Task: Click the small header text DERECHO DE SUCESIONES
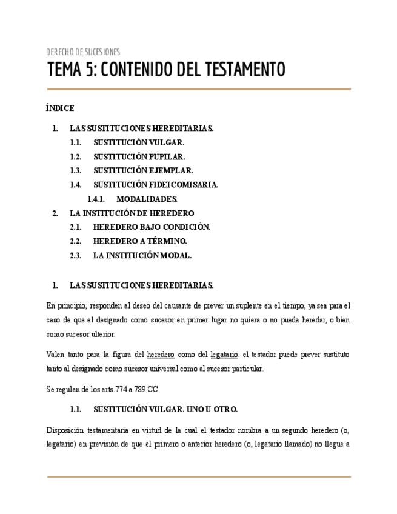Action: (83, 52)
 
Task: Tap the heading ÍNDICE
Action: (60, 108)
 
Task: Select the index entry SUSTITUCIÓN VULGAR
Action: (139, 142)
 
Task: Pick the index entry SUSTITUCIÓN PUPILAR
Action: (139, 156)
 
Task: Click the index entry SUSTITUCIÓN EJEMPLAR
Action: (143, 170)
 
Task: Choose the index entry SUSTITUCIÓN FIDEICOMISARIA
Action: (156, 185)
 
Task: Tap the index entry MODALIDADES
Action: (147, 199)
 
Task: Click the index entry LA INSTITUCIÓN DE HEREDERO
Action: (132, 213)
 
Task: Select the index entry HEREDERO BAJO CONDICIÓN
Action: (152, 227)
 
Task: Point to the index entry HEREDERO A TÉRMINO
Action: (140, 241)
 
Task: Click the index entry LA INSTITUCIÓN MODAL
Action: (142, 255)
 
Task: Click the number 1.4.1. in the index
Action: (96, 199)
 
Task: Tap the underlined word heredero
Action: (161, 355)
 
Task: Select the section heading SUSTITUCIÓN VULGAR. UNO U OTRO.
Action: (165, 409)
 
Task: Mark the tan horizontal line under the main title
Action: (199, 89)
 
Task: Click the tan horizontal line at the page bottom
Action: (199, 477)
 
